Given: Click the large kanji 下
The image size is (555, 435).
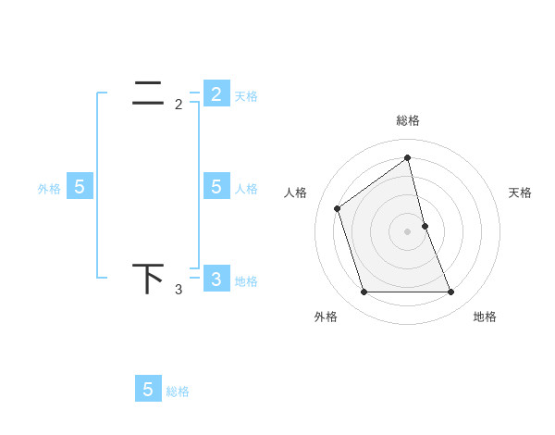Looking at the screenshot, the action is click(149, 279).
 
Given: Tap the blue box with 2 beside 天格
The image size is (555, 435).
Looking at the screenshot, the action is click(216, 93).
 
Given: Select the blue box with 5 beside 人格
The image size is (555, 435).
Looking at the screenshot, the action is click(216, 186).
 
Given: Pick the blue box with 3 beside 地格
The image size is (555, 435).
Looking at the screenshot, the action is click(216, 279).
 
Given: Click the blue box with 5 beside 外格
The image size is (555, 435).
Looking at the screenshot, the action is click(80, 186).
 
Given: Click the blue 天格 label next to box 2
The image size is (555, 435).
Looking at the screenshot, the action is click(246, 95).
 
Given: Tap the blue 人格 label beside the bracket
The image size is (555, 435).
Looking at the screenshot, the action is click(246, 189).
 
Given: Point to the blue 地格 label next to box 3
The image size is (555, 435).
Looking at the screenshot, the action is click(246, 281).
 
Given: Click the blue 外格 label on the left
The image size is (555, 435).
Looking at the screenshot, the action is click(49, 189).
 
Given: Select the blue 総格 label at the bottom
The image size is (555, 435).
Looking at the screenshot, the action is click(178, 391).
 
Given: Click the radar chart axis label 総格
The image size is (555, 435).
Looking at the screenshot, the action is click(408, 120).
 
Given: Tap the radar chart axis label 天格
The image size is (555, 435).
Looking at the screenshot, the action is click(520, 193).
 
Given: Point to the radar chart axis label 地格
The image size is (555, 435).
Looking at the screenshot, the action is click(485, 317).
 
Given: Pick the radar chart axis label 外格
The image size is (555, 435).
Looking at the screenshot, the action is click(326, 317).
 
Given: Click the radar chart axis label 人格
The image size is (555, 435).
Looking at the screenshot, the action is click(296, 193).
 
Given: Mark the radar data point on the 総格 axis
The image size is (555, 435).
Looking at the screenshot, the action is click(408, 157).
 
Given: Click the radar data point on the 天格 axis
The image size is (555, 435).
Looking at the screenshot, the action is click(425, 226).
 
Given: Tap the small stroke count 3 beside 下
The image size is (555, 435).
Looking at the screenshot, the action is click(179, 290).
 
